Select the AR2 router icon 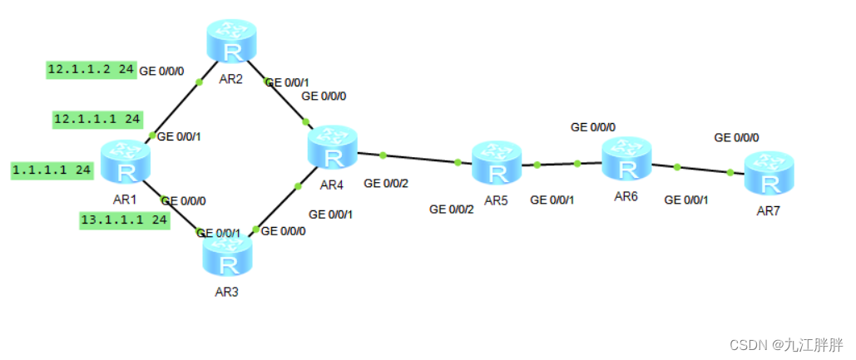230,41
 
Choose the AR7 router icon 769,172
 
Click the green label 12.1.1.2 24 91,70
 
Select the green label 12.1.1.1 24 96,120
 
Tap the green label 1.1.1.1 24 52,170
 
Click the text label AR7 769,211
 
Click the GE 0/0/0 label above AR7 736,137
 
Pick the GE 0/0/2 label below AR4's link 385,183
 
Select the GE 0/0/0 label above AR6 593,127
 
